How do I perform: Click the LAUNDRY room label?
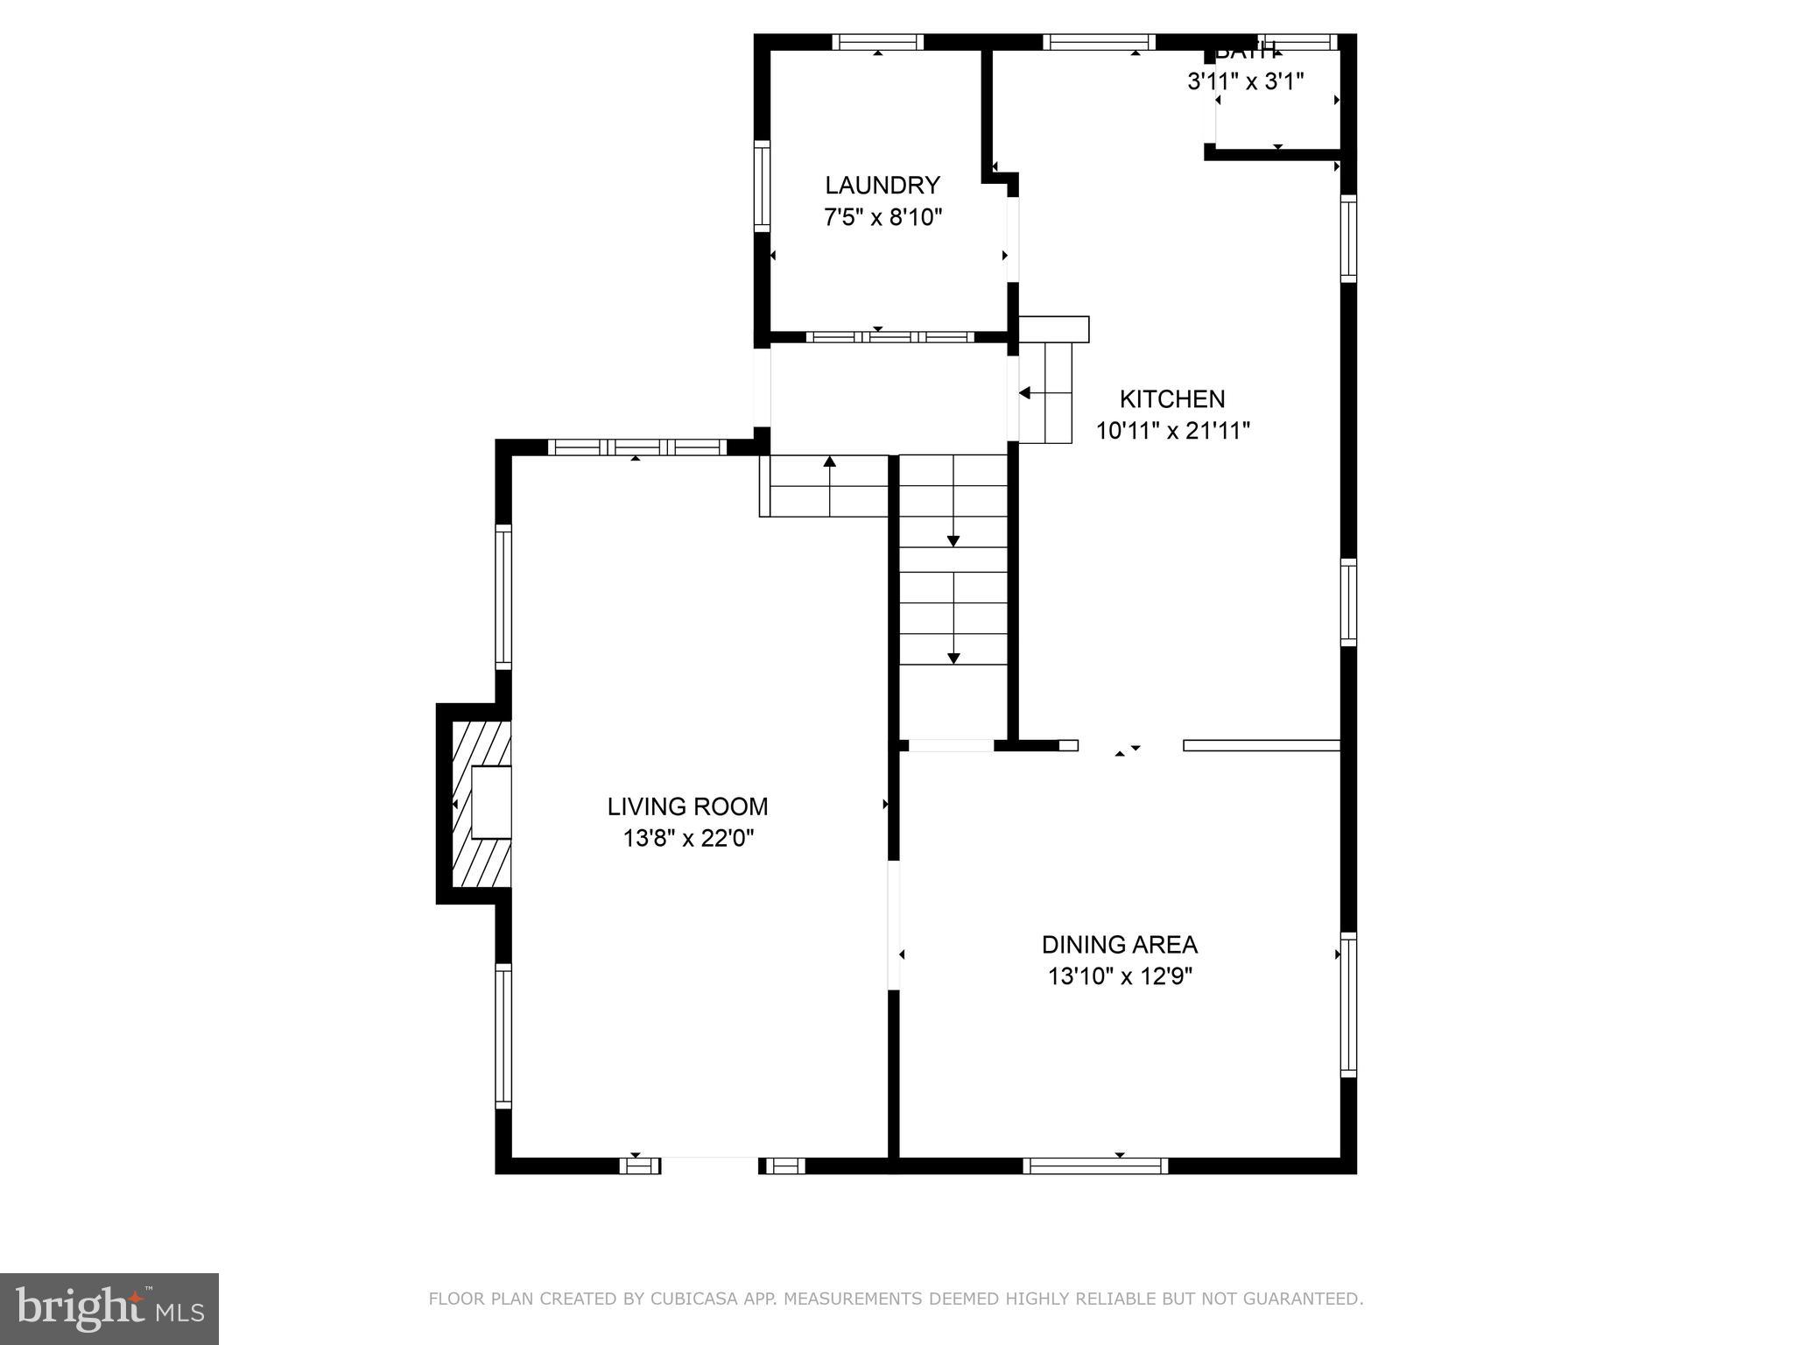[882, 185]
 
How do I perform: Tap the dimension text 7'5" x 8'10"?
[882, 217]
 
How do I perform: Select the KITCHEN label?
[1172, 399]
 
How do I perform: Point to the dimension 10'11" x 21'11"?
[1172, 431]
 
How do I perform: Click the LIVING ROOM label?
[687, 806]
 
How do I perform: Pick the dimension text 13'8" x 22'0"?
[687, 839]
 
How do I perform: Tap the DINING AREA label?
[1119, 945]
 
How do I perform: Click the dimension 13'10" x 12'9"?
[1120, 976]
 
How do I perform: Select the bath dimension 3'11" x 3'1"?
[1245, 81]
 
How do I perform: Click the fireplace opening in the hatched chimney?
[491, 803]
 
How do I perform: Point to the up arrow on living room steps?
[829, 461]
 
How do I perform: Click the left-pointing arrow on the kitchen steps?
[1025, 393]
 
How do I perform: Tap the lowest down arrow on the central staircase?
[953, 658]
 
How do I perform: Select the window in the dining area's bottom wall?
[1095, 1165]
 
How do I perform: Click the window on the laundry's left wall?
[762, 186]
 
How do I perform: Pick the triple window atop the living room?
[636, 447]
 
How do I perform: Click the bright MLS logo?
[109, 1308]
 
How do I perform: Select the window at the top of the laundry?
[877, 41]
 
